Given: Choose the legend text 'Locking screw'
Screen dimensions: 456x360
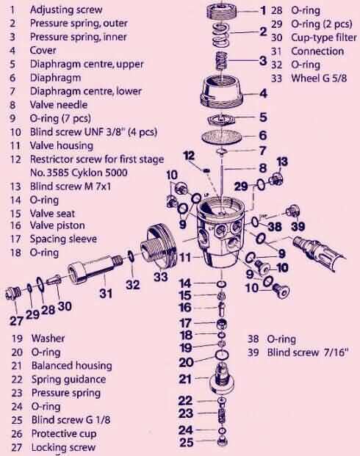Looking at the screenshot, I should (63, 447).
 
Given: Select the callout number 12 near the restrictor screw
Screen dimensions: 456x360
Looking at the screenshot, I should (187, 155).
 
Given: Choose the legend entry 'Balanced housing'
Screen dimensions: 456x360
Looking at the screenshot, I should (71, 366).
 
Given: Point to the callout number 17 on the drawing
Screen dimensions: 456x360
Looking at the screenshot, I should (186, 322).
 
